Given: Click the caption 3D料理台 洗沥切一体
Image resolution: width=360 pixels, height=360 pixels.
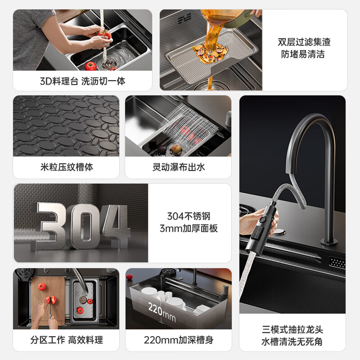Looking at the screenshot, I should (x=82, y=81).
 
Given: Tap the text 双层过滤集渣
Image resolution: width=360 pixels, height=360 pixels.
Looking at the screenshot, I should (x=304, y=42).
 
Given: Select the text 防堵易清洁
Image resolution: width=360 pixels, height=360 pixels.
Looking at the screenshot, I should (x=304, y=54).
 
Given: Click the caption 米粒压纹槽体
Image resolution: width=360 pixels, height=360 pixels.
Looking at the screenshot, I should (x=67, y=167).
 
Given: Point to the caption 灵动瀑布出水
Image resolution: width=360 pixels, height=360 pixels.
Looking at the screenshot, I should (x=178, y=167).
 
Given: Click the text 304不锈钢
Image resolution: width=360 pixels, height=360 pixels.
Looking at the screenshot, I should (x=189, y=216).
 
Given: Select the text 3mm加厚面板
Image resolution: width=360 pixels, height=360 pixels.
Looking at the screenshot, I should (x=189, y=228).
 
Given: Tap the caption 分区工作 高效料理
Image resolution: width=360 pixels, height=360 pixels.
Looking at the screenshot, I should (x=67, y=340).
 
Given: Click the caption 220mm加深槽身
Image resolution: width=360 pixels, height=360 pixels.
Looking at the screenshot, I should (x=179, y=340).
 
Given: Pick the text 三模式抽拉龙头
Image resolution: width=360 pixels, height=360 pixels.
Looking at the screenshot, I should (x=292, y=330).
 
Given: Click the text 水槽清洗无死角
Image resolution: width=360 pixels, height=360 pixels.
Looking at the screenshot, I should (x=292, y=342).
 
